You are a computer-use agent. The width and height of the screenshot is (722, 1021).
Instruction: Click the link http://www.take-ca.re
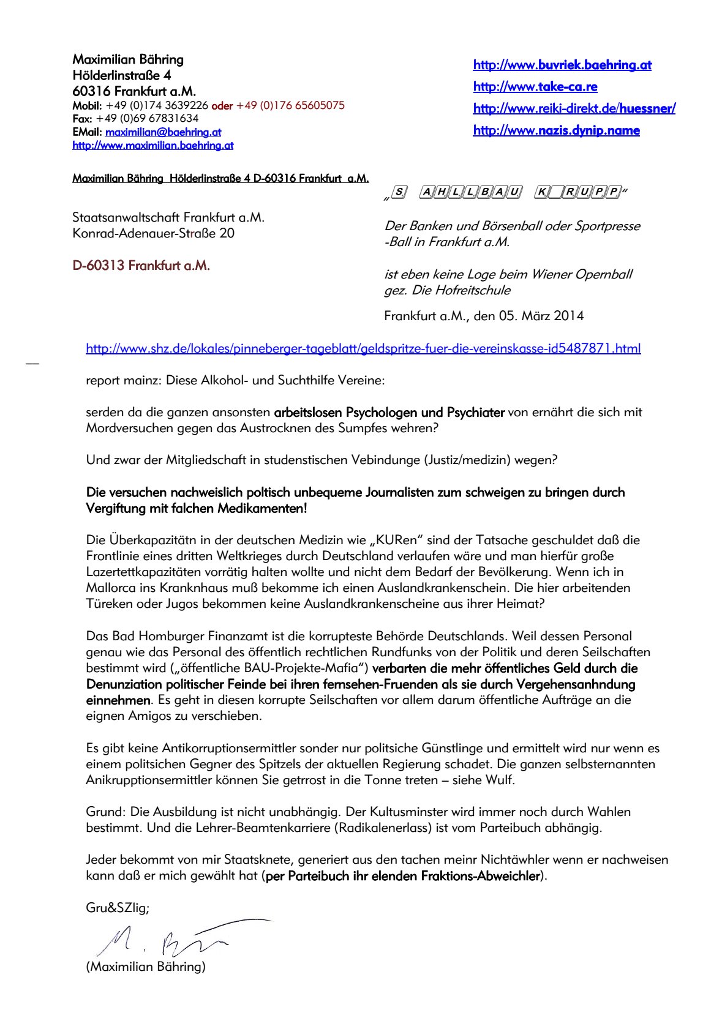click(x=535, y=87)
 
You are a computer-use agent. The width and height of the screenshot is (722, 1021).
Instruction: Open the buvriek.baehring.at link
click(x=562, y=65)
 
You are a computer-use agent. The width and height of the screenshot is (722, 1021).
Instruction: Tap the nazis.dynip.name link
click(x=556, y=130)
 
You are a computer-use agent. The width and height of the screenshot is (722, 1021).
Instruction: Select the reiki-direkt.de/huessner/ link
click(x=574, y=109)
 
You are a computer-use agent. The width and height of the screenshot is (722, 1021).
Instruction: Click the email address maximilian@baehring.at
click(x=163, y=132)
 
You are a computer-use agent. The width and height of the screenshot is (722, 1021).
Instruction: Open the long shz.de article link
click(x=363, y=349)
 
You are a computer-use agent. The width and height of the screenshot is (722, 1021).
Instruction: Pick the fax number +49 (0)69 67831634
click(x=147, y=119)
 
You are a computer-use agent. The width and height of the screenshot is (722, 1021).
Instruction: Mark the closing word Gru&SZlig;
click(x=117, y=908)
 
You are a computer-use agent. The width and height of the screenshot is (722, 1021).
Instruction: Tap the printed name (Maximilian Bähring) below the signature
click(x=146, y=967)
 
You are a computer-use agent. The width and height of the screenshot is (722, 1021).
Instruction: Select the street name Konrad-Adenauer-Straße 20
click(x=153, y=233)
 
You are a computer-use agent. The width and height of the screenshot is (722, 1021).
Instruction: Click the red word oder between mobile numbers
click(x=222, y=106)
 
